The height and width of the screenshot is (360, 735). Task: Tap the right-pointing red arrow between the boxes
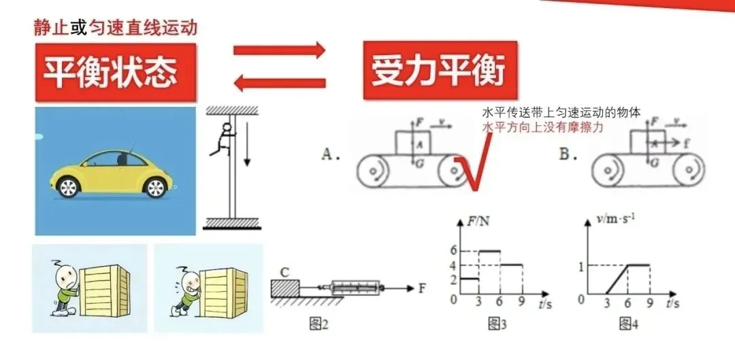pos(280,51)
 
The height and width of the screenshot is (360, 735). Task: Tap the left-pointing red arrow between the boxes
pos(279,83)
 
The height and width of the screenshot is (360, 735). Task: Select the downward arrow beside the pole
pos(248,147)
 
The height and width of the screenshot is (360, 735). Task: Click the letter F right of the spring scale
pos(422,288)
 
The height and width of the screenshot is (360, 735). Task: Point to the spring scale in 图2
pos(353,288)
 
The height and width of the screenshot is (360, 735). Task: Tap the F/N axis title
pos(474,220)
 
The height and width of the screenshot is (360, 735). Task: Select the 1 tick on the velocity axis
pos(581,265)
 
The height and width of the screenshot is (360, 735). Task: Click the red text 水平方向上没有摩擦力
pos(542,127)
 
